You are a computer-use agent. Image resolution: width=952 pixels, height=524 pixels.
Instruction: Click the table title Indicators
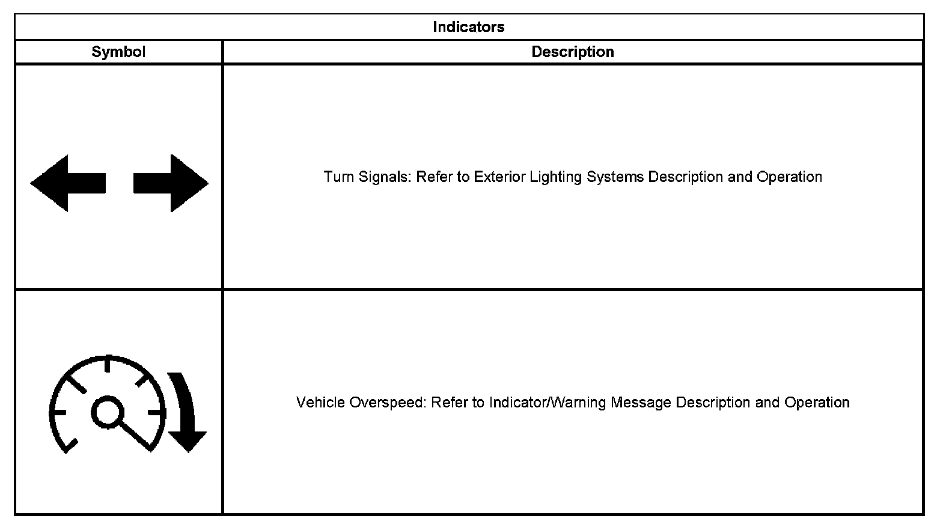[x=468, y=27]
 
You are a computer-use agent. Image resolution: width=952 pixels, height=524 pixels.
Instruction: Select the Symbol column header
[x=118, y=52]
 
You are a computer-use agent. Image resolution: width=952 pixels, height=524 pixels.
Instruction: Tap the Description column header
[x=572, y=52]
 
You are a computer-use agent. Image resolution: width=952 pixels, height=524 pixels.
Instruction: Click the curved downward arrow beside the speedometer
[x=186, y=415]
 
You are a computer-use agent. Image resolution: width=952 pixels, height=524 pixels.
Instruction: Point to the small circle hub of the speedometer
[x=108, y=412]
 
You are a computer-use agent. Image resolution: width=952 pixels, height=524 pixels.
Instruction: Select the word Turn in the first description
[x=338, y=177]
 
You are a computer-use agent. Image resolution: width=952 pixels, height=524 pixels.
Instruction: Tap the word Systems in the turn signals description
[x=615, y=177]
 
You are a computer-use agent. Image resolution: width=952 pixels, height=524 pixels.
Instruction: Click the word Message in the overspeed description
[x=641, y=403]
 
